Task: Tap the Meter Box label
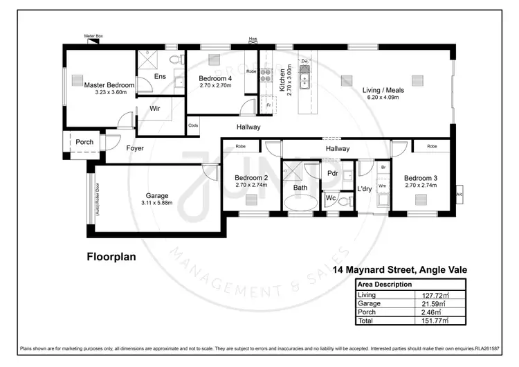pos(93,35)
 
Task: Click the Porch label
pos(84,142)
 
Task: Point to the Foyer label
pos(135,148)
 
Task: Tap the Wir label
pos(156,109)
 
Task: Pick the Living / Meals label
pos(383,90)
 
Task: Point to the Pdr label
pos(332,173)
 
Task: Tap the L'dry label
pos(365,188)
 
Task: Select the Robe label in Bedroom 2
pos(241,146)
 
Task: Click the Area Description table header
pos(383,285)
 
